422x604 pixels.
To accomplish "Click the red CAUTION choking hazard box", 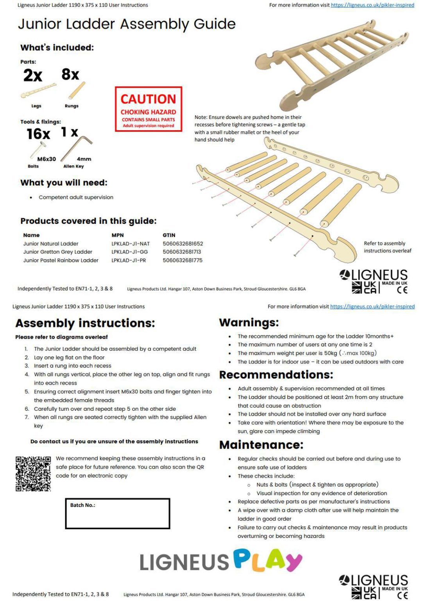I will [148, 109].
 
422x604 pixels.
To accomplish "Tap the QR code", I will [33, 473].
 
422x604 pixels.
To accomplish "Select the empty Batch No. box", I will [118, 514].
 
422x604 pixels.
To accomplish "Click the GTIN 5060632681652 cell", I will [182, 243].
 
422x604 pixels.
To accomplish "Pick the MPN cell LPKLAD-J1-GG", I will [129, 252].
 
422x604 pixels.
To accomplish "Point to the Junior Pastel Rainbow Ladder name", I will [61, 260].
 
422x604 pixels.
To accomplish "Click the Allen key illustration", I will [77, 147].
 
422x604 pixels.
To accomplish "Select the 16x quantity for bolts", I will [38, 134].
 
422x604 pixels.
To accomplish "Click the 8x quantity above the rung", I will [70, 74].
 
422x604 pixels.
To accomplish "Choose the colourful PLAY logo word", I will [268, 560].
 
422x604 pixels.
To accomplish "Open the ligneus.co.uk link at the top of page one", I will [372, 5].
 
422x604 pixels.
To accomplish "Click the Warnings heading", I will [249, 323].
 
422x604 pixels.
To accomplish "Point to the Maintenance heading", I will [261, 445].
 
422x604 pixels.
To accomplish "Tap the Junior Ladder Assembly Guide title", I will [127, 24].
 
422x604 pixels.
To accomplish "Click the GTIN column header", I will [169, 235].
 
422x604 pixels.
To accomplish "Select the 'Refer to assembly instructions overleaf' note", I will [387, 247].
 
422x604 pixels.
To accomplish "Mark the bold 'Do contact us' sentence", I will [114, 441].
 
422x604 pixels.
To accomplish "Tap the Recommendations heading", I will [276, 375].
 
